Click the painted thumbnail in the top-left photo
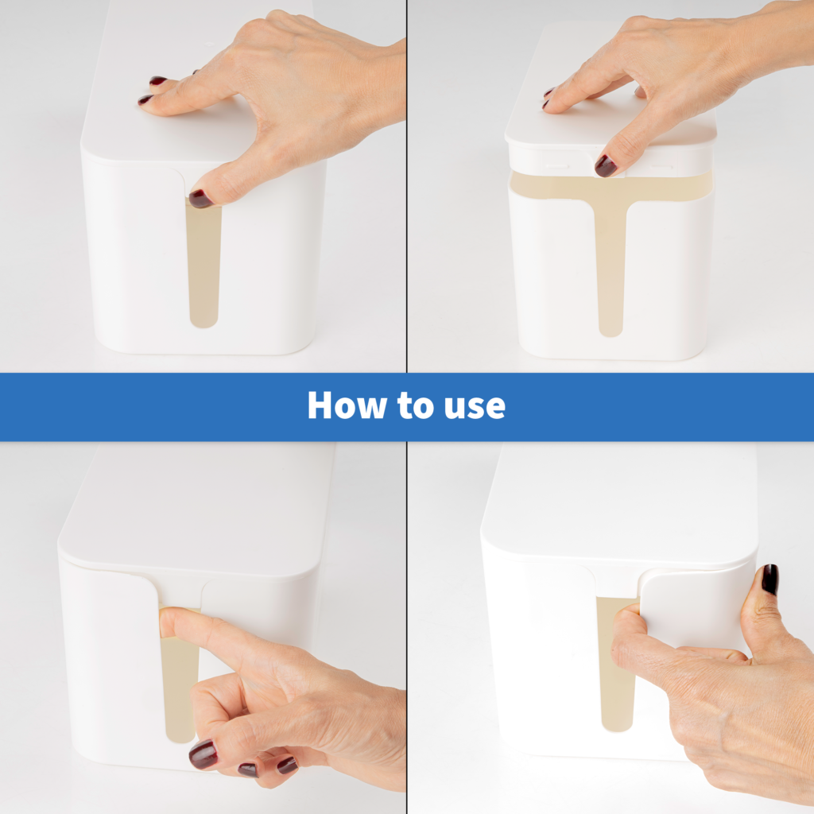coord(200,199)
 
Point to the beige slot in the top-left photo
coord(203,270)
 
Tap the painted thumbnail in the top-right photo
coord(605,165)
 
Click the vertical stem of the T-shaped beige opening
coord(610,270)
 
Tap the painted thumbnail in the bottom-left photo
coord(203,754)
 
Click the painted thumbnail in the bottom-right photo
coord(769,579)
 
